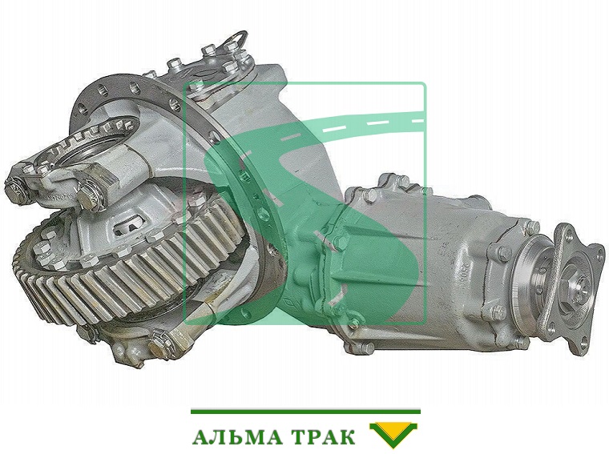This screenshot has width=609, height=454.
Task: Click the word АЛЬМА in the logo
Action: (237, 436)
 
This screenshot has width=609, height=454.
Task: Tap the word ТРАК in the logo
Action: (323, 436)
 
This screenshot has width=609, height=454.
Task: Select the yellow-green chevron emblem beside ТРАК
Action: (393, 435)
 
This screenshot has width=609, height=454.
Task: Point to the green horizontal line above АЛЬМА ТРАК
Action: (305, 412)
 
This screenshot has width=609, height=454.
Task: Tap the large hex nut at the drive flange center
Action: (578, 291)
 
